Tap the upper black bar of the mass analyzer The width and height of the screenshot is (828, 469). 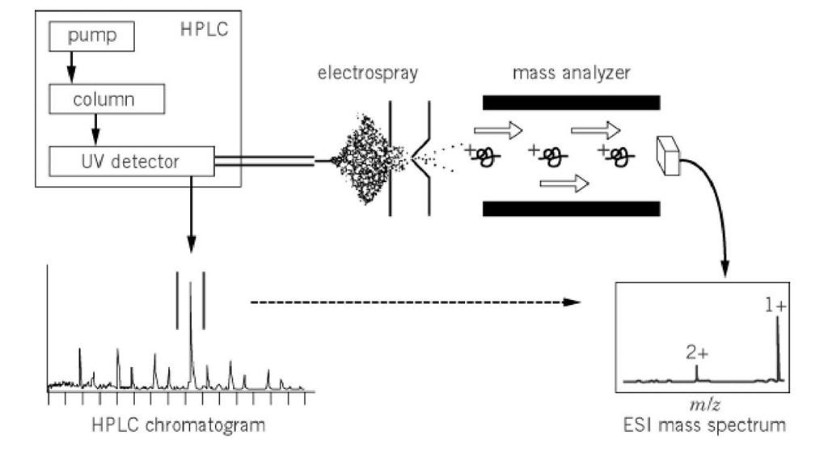(571, 103)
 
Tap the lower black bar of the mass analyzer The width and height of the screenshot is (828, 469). (571, 209)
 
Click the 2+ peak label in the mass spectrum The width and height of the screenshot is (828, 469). (694, 352)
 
